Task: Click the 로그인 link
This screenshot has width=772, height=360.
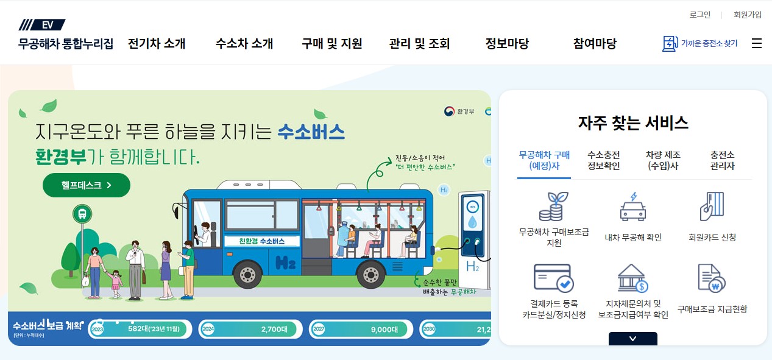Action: [700, 15]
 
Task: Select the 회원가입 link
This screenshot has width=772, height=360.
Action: [748, 15]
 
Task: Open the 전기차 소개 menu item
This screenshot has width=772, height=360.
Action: [157, 44]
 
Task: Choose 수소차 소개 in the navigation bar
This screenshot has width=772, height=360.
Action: [244, 44]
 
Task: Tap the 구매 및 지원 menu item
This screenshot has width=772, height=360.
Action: [332, 44]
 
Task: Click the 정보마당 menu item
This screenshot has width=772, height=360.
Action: [507, 44]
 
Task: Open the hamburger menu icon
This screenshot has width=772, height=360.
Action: [757, 43]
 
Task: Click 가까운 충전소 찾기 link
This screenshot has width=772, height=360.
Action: [700, 44]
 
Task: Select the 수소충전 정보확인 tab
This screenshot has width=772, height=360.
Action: [604, 160]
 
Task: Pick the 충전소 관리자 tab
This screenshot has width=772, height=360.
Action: [722, 160]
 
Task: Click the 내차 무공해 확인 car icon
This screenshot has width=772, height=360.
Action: [633, 208]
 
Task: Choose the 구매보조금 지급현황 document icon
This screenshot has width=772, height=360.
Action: [712, 279]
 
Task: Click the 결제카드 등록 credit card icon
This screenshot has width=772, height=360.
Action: [553, 279]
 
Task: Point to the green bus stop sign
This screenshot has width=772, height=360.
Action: [82, 214]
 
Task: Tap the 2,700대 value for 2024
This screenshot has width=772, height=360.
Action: [274, 330]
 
